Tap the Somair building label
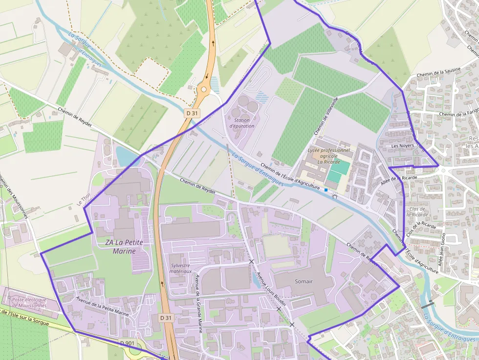pyautogui.click(x=303, y=281)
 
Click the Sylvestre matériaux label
pyautogui.click(x=181, y=268)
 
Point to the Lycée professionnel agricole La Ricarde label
pyautogui.click(x=329, y=156)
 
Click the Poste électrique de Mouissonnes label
pyautogui.click(x=29, y=302)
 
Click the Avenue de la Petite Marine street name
pyautogui.click(x=102, y=306)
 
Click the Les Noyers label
pyautogui.click(x=402, y=146)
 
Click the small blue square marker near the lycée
pyautogui.click(x=326, y=190)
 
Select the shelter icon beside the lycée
pyautogui.click(x=335, y=196)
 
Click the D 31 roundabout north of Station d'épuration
pyautogui.click(x=204, y=89)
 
